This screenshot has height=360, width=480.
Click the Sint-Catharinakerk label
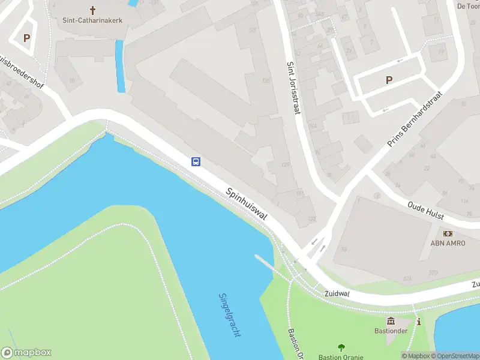tap(92, 20)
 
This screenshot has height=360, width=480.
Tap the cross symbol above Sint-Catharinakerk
tap(92, 10)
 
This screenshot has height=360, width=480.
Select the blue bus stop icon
tap(196, 161)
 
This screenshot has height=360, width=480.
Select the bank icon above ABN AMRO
tap(448, 233)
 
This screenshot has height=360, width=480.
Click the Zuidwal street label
tap(337, 294)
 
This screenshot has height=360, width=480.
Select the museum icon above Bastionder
tap(391, 322)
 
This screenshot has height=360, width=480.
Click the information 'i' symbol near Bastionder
tap(419, 322)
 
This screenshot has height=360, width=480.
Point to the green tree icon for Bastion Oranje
tap(341, 347)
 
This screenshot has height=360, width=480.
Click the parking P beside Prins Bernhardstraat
tap(389, 80)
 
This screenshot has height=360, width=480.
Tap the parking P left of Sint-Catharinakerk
tap(26, 38)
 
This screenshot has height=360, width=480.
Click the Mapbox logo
tap(26, 353)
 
